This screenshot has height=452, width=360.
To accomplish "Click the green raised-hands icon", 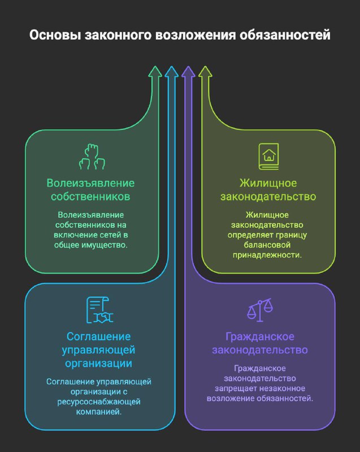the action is coord(92,157).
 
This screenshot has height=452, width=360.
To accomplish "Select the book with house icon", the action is coord(268,157).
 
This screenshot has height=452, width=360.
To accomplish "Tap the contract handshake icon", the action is coord(99,310).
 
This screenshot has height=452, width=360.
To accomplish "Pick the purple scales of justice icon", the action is coord(260,310).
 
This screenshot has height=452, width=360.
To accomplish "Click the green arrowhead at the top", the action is coord(155,72).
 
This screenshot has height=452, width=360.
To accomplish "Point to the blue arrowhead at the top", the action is coord(171,72).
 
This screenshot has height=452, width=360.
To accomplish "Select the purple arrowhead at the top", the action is coord(188,72).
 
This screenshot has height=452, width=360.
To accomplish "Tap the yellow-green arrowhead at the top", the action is coord(205,72).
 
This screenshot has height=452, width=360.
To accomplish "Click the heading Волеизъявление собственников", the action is coord(90,190).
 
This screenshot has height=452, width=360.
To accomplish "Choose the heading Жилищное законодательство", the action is coord(268,190).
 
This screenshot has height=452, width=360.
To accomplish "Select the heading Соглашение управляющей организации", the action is coord(98,350).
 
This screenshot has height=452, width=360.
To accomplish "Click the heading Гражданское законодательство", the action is coord(260,343).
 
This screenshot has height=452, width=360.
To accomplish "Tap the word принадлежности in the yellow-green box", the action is coord(267,255).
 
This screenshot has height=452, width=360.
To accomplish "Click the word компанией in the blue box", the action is coord(99,412).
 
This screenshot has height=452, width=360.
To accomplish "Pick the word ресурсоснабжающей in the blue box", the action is coord(99,402).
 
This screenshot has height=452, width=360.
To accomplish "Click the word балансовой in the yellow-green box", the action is coord(267,245).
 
